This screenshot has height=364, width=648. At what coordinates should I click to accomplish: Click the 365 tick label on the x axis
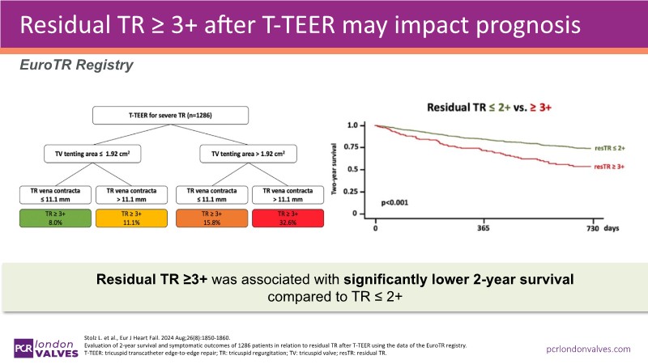point(484,229)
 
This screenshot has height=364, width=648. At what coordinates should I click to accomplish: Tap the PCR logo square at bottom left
point(22,346)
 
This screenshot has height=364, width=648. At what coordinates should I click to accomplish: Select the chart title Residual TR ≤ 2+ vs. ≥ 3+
point(484,105)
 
